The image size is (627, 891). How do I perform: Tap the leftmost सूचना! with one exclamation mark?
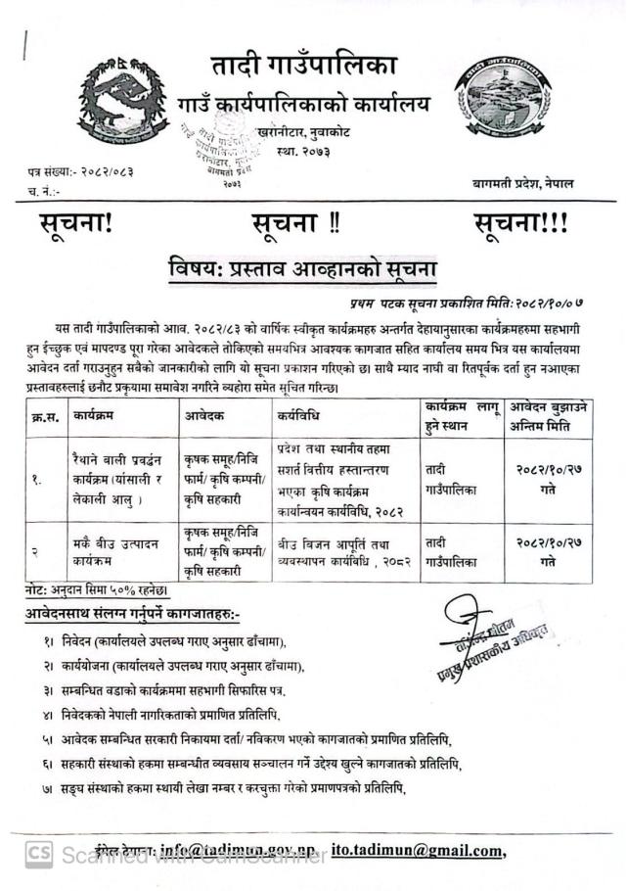(x=77, y=222)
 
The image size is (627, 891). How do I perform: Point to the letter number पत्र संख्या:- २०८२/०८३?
(x=81, y=172)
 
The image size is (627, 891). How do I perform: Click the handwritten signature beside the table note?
(x=489, y=623)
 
